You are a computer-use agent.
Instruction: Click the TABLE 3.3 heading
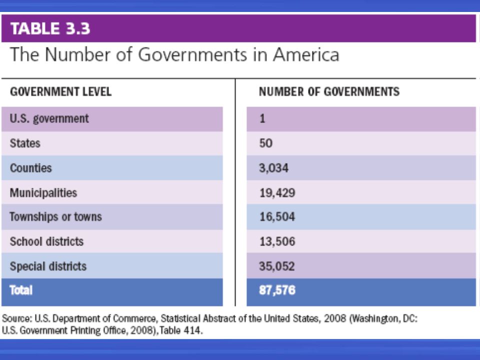coord(50,28)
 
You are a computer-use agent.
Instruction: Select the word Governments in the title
coord(192,54)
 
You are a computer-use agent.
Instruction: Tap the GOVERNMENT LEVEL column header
coord(60,91)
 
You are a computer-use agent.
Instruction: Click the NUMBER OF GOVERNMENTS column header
coord(329,91)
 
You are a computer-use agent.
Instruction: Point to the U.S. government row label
coord(49,119)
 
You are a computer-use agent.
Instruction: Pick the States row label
coord(25,143)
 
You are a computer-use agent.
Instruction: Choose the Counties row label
coord(31,168)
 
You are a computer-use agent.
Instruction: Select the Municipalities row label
coord(43,193)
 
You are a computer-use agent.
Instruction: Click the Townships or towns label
coord(55,216)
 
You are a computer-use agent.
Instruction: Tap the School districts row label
coord(46,241)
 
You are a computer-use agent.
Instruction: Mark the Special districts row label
coord(48,266)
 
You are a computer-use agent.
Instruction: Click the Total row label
coord(21,290)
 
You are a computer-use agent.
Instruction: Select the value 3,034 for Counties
coord(273,168)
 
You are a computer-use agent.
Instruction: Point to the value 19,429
coord(277,193)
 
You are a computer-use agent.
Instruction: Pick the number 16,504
coord(277,216)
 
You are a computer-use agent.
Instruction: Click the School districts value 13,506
coord(277,241)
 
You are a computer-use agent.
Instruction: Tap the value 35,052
coord(277,266)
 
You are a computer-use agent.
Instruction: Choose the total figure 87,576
coord(277,290)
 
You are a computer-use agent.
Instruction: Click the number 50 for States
coord(265,143)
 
